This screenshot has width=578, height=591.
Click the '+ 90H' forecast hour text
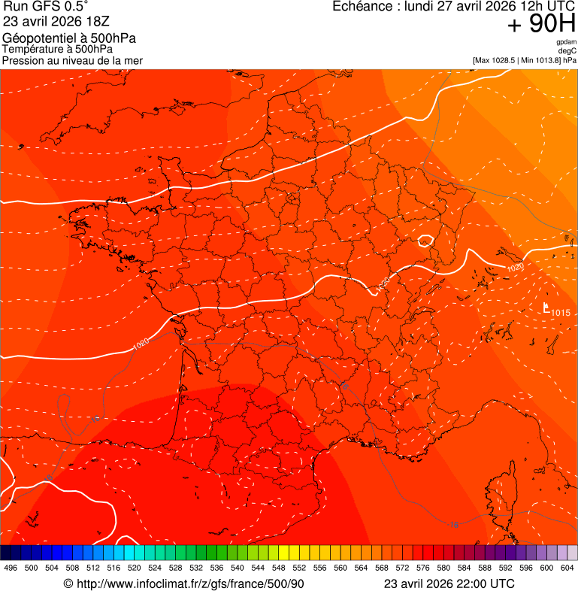(542, 25)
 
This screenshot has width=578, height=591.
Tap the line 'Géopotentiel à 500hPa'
(69, 38)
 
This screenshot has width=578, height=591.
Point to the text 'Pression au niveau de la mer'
(73, 60)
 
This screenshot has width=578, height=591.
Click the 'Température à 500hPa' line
(61, 49)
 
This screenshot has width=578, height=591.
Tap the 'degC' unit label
(567, 50)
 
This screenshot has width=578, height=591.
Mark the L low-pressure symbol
(546, 308)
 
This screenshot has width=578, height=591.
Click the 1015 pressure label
(561, 313)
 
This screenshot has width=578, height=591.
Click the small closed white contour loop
(425, 241)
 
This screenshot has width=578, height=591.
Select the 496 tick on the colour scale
(11, 568)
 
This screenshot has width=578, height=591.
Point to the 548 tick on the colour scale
(278, 568)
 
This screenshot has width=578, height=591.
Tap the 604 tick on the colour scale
(567, 568)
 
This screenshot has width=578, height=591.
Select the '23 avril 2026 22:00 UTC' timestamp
(449, 583)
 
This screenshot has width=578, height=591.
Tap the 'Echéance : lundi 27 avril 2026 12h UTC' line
(454, 7)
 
